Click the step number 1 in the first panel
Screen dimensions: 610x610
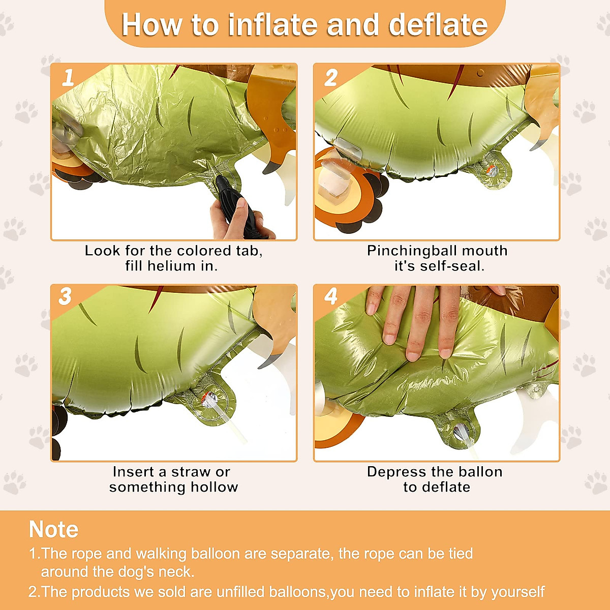click(x=68, y=78)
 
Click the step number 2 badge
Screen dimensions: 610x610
click(x=331, y=78)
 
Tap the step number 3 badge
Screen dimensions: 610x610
click(x=65, y=297)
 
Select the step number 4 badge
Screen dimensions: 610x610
click(x=331, y=297)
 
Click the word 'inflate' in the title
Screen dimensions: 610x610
click(x=272, y=25)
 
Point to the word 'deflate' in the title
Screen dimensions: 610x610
click(x=438, y=25)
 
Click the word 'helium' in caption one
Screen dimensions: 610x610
click(x=171, y=266)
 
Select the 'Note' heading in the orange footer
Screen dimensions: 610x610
click(x=53, y=529)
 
